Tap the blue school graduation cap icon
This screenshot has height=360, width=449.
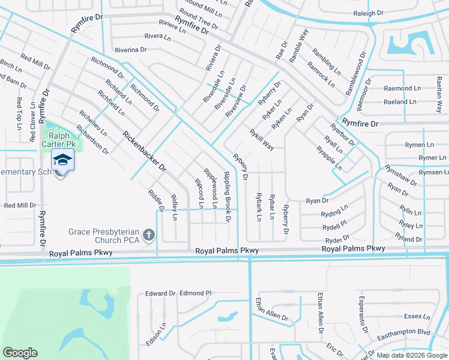(x=61, y=161)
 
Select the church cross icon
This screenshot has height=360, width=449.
(x=149, y=235)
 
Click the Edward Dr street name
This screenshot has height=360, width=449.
(x=160, y=293)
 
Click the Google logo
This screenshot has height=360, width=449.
(x=20, y=353)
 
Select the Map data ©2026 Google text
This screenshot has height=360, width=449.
(x=412, y=355)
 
